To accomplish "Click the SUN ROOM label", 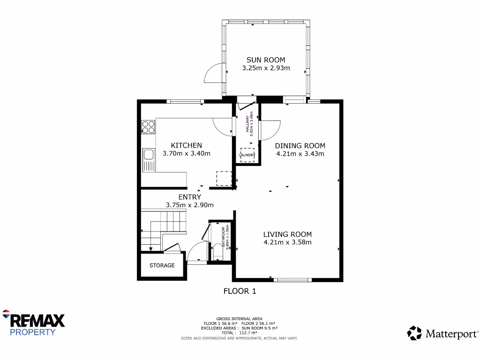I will click(266, 60).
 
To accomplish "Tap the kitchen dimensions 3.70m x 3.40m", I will click(186, 153).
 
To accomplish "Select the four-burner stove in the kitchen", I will click(148, 127).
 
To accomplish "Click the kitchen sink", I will click(148, 160).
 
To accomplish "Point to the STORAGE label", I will click(162, 265).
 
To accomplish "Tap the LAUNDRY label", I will click(247, 155).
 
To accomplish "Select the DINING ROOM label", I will click(300, 145).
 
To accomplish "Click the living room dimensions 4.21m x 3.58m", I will click(287, 242).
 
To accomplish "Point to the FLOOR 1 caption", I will click(240, 291).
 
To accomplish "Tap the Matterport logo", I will click(442, 333).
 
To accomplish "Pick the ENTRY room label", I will click(189, 197).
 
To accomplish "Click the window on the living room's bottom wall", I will click(292, 280).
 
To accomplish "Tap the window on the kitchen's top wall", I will click(185, 101).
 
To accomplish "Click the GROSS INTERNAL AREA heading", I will click(239, 319).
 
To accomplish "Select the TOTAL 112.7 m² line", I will click(239, 333).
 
